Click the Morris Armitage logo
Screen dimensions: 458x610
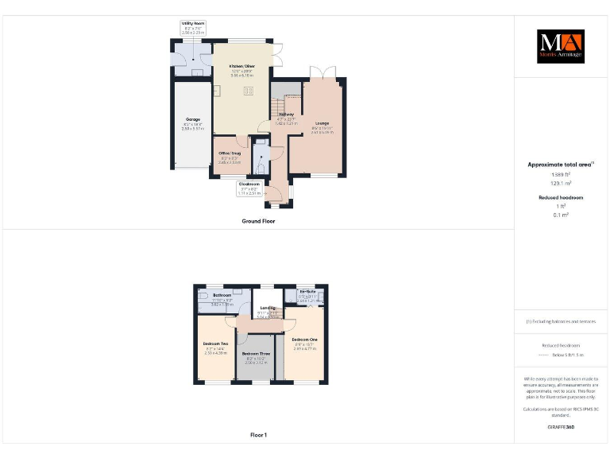(x=560, y=46)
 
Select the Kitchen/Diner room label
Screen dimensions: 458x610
(x=242, y=66)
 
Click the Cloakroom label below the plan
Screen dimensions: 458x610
(x=249, y=184)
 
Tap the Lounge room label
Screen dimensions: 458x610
(x=322, y=123)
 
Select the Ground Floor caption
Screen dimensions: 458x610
(x=258, y=221)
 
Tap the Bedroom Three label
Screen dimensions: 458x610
(x=256, y=353)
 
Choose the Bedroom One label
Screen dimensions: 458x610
(x=304, y=340)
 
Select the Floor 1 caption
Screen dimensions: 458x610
(x=258, y=435)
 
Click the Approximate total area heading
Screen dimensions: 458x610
(x=561, y=165)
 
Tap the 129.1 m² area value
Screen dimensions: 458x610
(x=562, y=183)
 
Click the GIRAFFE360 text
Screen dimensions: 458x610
(x=561, y=427)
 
